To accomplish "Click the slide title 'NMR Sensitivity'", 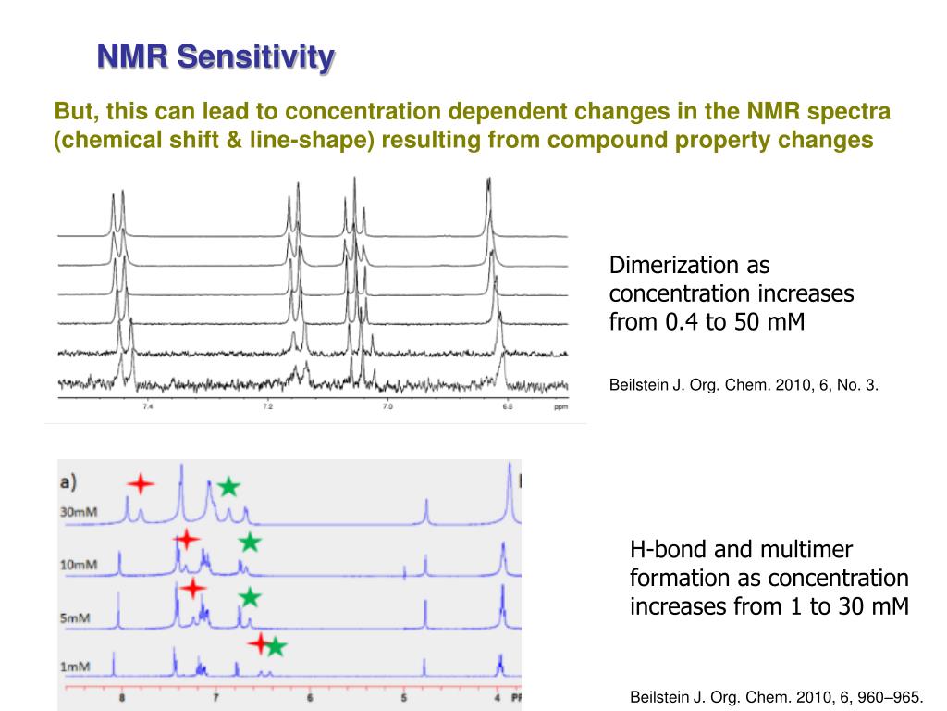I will coord(216,57).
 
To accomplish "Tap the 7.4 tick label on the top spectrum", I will coord(147,407).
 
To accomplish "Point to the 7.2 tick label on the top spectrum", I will coord(267,407).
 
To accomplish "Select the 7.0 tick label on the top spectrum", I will coord(387,407).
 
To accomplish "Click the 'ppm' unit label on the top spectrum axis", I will coord(560,407).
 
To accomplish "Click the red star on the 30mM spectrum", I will coord(141,483).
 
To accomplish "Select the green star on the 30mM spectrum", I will coord(228,487).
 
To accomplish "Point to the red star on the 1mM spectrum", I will coord(260,644).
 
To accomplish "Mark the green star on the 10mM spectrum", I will coord(250,543).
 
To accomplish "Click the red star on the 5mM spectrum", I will coord(191,588).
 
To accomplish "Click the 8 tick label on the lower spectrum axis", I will coord(121,699).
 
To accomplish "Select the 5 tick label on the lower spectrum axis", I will coord(404,699).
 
